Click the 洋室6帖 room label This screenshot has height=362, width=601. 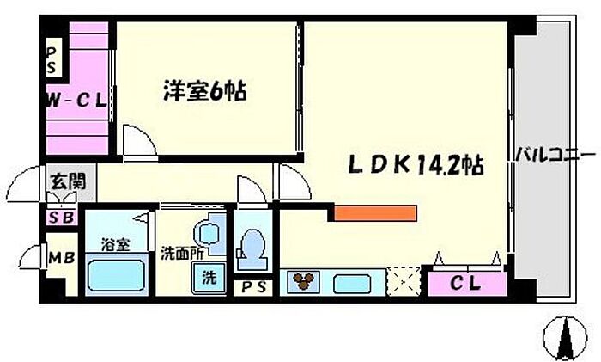point(204,91)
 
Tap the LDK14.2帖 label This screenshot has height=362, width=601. point(414,164)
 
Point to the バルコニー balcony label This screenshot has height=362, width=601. point(555,156)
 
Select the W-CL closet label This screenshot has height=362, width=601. point(76,100)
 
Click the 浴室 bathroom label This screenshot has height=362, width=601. point(114,244)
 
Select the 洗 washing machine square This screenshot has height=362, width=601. point(209,279)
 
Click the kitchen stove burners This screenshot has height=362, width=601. point(302,281)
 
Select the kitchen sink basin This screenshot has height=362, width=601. point(351,282)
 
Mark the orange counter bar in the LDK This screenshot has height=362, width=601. point(375,213)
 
